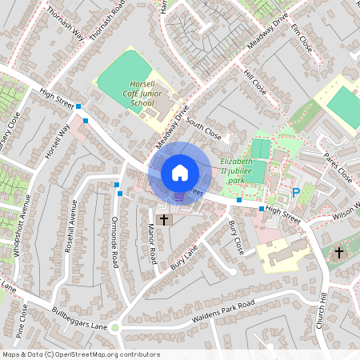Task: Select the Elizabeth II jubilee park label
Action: [x=242, y=170]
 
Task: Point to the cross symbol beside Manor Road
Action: [x=164, y=219]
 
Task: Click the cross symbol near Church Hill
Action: [x=338, y=253]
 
